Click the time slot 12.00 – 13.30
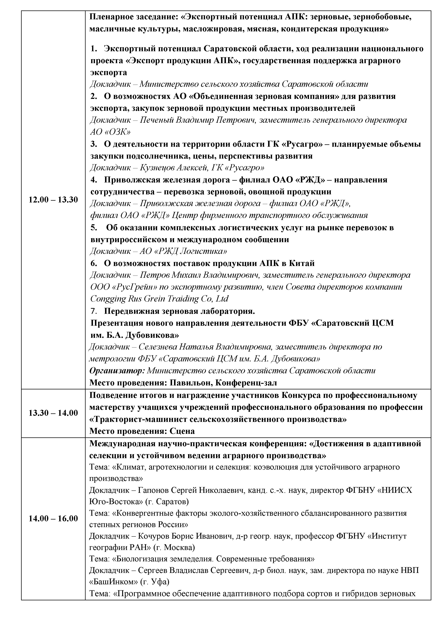[53, 200]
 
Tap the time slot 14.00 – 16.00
[53, 518]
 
